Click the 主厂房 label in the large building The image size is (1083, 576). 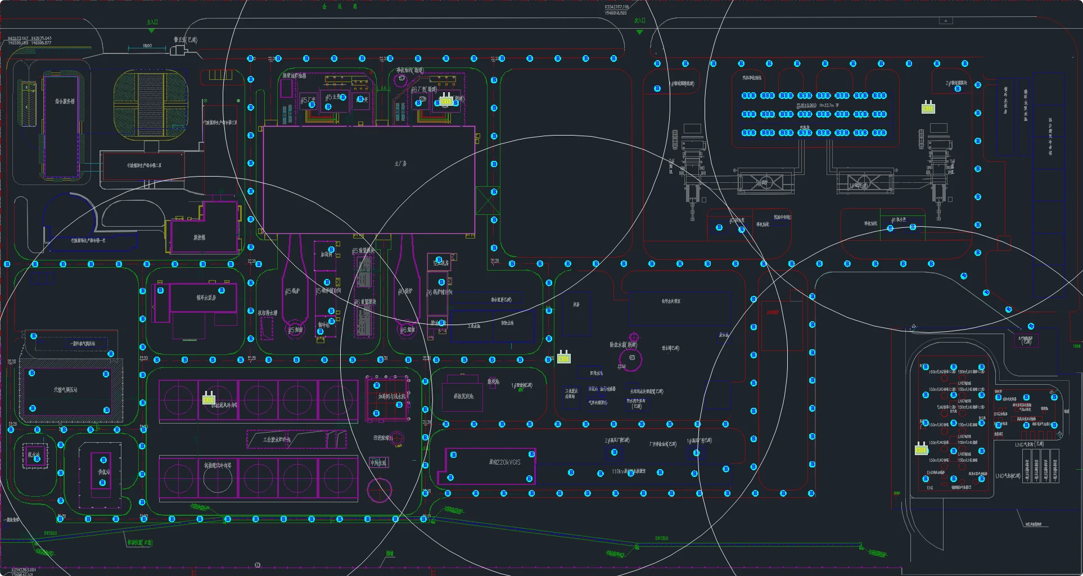[x=400, y=164]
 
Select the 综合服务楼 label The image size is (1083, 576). [x=65, y=102]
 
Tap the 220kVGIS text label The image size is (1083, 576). [x=504, y=462]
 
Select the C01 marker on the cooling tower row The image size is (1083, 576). [x=209, y=398]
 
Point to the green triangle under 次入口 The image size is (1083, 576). [x=639, y=32]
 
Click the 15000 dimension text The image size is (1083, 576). [x=147, y=46]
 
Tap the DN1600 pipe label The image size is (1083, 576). [x=51, y=533]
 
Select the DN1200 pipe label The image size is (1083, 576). [x=661, y=538]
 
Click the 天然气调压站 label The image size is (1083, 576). [x=66, y=390]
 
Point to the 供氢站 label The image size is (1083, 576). [x=103, y=472]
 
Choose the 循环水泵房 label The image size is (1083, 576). [x=206, y=298]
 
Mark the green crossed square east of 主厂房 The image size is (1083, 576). [x=487, y=200]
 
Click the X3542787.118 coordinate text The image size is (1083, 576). [x=616, y=7]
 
